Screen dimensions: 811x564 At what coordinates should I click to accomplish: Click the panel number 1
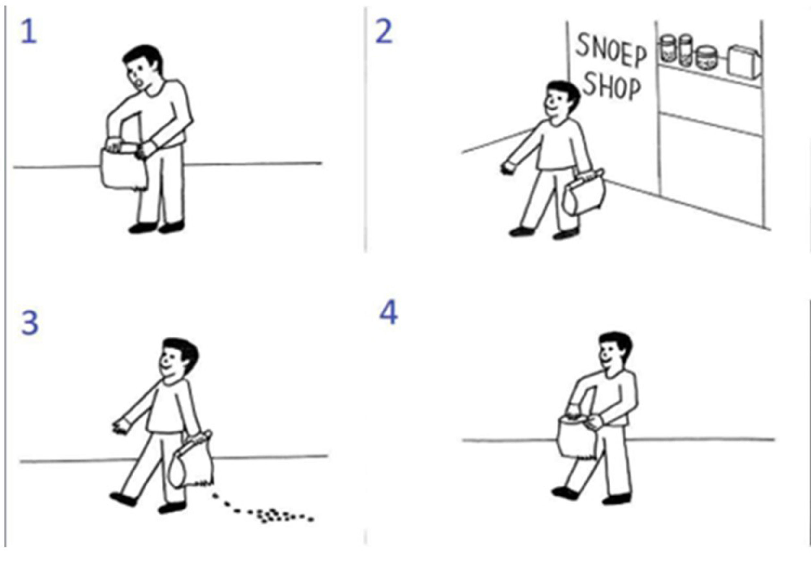(x=29, y=32)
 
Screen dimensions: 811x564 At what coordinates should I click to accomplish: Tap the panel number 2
(x=384, y=32)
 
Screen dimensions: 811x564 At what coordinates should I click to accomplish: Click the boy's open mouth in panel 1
(x=139, y=83)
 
